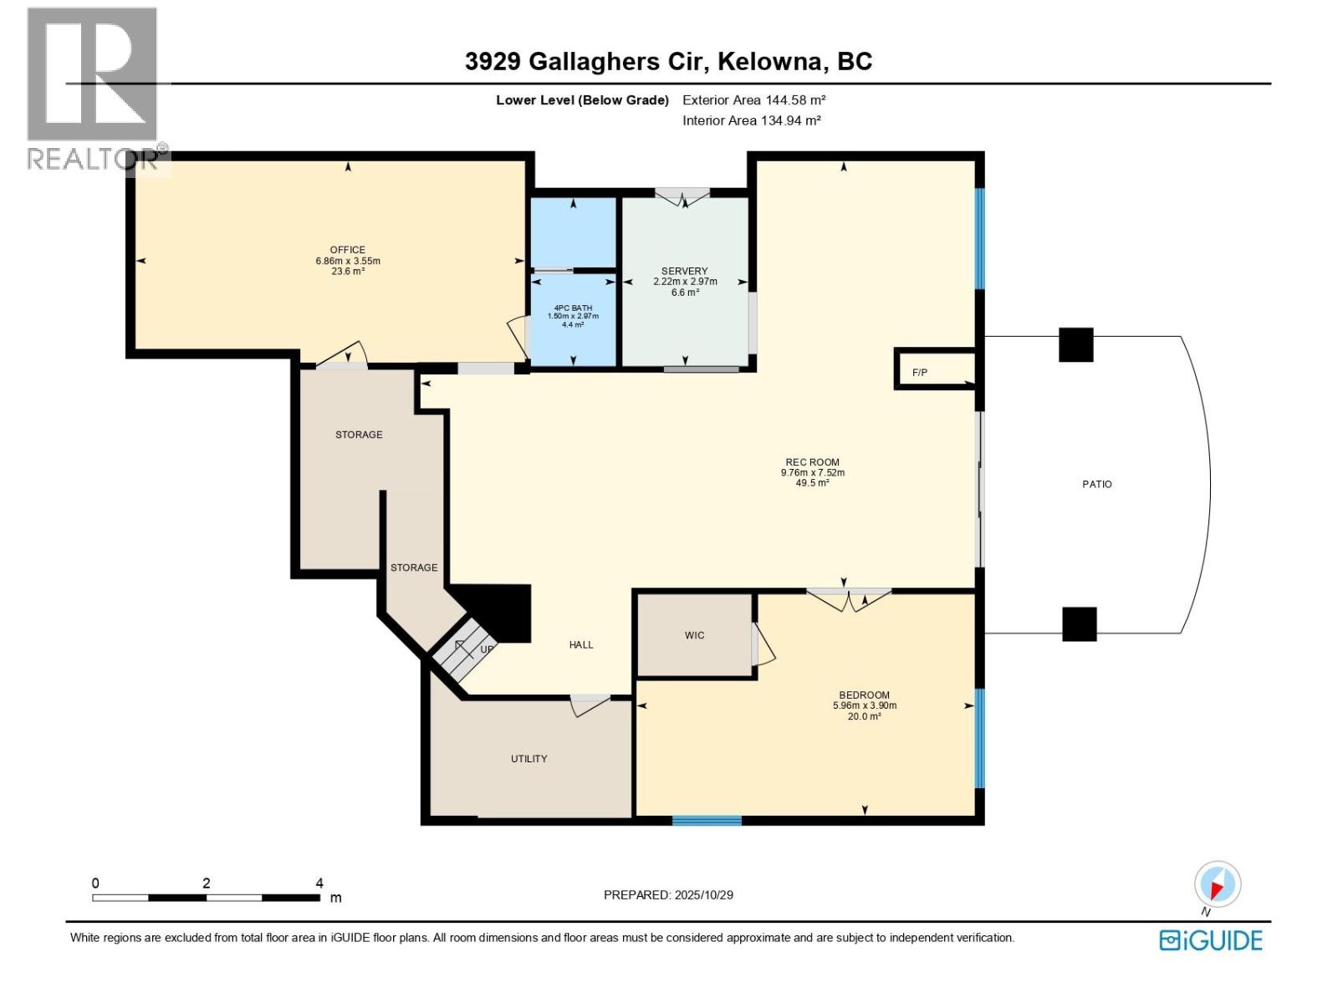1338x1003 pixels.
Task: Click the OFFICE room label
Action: (x=347, y=250)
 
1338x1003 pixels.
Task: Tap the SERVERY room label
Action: (x=684, y=271)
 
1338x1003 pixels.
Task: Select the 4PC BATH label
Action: (x=573, y=308)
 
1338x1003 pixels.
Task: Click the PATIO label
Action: (x=1096, y=484)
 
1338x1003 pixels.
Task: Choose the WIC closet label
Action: (x=694, y=635)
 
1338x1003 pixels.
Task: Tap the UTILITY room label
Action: (x=529, y=759)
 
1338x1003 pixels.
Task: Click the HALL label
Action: (x=580, y=644)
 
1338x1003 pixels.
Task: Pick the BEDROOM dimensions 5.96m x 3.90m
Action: (x=864, y=705)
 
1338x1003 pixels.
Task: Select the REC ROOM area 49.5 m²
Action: (x=812, y=483)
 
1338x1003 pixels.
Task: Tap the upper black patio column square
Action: (x=1075, y=344)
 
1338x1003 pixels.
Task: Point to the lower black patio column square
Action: (x=1079, y=624)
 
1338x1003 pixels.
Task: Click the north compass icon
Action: (x=1217, y=885)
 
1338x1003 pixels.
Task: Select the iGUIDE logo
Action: (x=1210, y=940)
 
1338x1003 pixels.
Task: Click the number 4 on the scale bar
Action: (x=319, y=883)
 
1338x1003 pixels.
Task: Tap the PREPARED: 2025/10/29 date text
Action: (x=668, y=895)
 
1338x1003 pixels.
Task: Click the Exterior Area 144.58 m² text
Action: (x=753, y=99)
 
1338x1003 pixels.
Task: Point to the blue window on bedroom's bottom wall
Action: (x=707, y=820)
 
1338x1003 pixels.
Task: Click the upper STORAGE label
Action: (x=359, y=435)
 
